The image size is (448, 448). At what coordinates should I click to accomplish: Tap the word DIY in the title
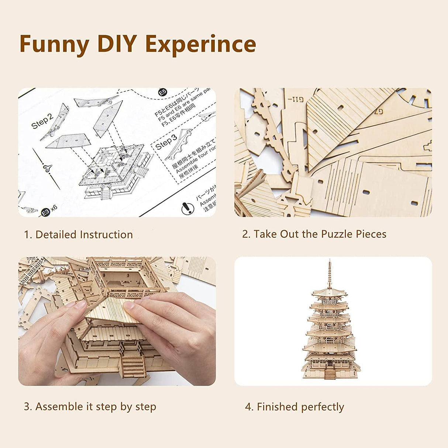point(116,44)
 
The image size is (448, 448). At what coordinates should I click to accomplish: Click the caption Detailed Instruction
point(78,235)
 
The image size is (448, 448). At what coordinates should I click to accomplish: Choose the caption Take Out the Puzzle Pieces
point(314,234)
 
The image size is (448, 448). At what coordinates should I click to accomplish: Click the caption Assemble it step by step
point(90,407)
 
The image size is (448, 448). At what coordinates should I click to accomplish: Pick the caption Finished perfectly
point(294,407)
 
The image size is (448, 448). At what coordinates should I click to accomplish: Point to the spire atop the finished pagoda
point(329,273)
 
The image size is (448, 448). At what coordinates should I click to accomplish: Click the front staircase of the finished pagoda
point(330,374)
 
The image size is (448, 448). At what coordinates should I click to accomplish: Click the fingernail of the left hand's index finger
point(80,304)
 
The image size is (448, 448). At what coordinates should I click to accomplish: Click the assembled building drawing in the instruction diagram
point(116,172)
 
